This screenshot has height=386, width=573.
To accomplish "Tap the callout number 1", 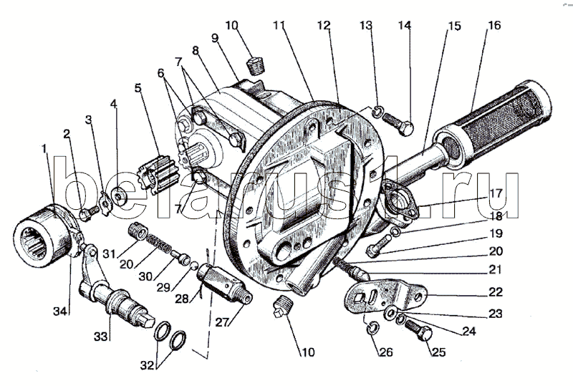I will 44,148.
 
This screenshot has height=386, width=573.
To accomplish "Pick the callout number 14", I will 405,26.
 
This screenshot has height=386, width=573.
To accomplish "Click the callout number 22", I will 496,292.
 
